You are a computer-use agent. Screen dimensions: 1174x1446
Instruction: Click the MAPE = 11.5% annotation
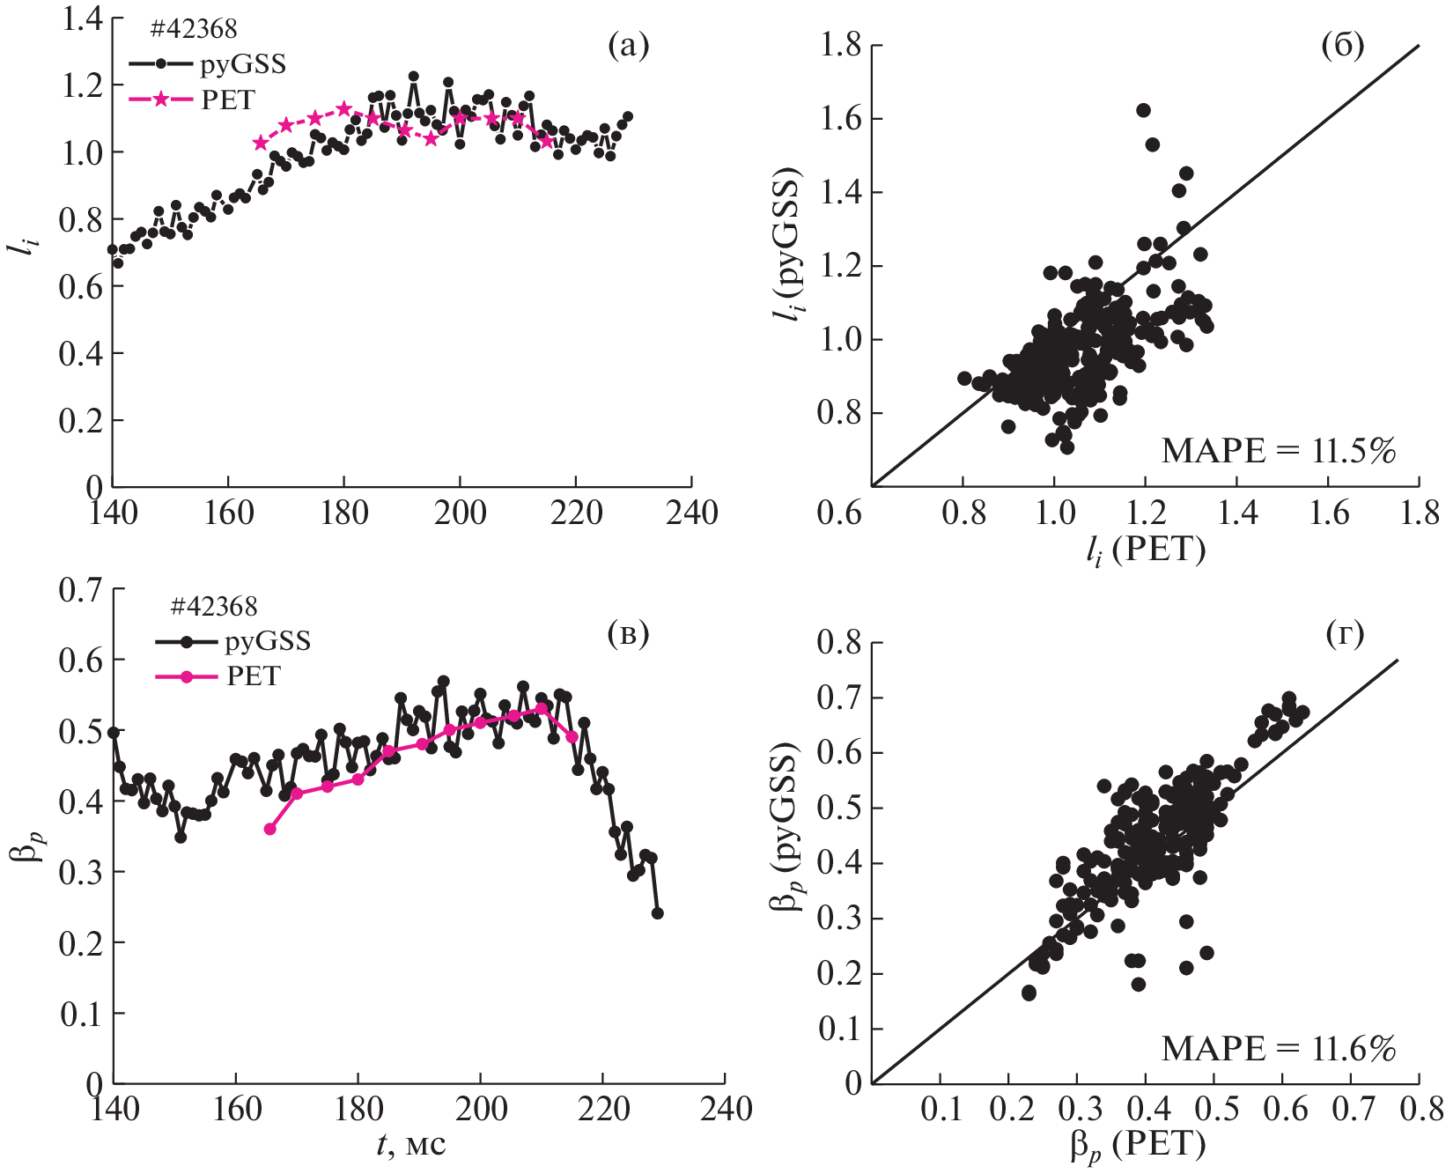1279,451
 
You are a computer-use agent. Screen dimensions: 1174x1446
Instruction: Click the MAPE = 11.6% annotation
1279,1049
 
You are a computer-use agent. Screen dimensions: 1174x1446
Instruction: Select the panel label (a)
628,46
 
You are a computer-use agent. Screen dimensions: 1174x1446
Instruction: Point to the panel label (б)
1343,46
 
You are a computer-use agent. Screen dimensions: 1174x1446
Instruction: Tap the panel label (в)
628,633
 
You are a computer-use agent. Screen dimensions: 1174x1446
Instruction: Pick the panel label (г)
1345,633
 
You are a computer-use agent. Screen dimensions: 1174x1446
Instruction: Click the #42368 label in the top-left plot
193,29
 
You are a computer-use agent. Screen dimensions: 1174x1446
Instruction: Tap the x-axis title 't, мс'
411,1144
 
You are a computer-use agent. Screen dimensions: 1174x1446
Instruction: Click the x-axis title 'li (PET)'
1145,551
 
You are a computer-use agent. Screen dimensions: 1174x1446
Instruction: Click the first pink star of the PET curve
260,143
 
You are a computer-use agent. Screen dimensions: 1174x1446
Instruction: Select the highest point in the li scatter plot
1143,110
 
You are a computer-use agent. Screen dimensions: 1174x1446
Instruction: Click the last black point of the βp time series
657,913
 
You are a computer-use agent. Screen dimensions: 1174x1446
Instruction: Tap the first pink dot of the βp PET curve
269,829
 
